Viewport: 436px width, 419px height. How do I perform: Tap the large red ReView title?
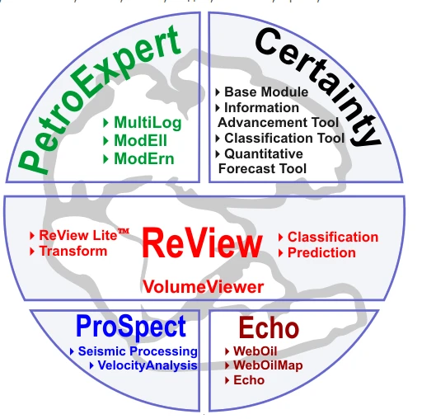tap(202, 244)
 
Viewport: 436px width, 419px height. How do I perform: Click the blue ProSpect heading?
tap(131, 327)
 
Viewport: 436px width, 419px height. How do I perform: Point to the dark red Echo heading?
tap(269, 328)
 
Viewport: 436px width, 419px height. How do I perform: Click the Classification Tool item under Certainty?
tap(284, 138)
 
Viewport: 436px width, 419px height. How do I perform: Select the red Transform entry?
tap(73, 251)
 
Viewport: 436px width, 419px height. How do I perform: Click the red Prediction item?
tap(321, 252)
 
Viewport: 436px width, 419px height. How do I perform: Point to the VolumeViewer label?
tap(203, 287)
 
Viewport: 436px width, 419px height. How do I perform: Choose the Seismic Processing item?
tap(137, 352)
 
